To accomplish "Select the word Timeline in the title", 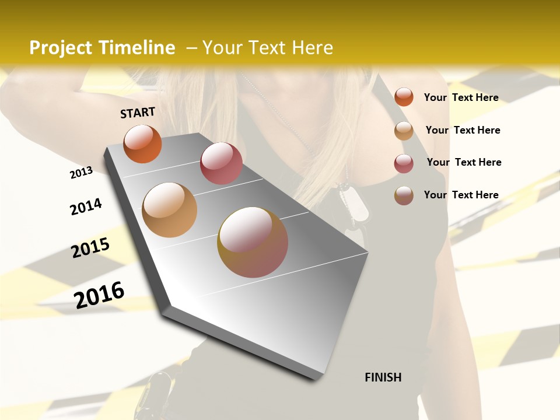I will [x=138, y=48].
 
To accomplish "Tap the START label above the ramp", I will [x=138, y=113].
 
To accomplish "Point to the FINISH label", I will [x=383, y=377].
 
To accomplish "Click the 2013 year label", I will [x=81, y=173].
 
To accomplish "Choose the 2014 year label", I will [x=86, y=207].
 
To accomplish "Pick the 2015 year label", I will [x=90, y=248].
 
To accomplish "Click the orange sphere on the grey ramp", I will [x=143, y=143].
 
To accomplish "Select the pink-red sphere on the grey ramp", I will [x=221, y=163].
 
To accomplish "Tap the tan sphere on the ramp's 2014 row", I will [x=170, y=210].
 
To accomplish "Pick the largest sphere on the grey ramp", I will [x=253, y=242].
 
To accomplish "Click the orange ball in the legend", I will [x=404, y=97].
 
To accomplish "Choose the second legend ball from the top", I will [x=404, y=131].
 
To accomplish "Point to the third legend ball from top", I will [x=404, y=163].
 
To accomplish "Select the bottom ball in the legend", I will [x=404, y=195].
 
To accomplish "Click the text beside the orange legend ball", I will [x=461, y=97].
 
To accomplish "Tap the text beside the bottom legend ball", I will [x=461, y=195].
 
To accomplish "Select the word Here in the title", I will [x=312, y=48].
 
